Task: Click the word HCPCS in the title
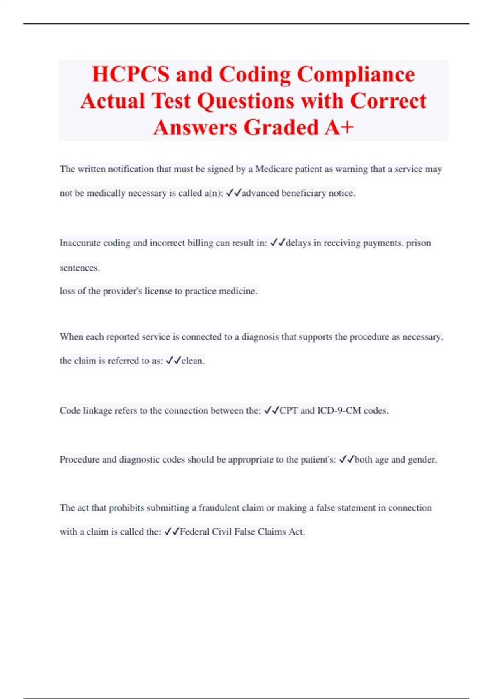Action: click(130, 74)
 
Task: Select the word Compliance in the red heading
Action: click(356, 74)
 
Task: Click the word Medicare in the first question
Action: click(274, 169)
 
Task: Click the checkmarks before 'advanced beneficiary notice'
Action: click(234, 192)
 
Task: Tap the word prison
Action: click(418, 243)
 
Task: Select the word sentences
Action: click(79, 268)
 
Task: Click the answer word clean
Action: click(192, 361)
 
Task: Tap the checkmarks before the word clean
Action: click(173, 361)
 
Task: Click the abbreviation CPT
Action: click(288, 410)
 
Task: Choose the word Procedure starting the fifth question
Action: click(79, 459)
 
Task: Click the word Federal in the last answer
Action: click(194, 532)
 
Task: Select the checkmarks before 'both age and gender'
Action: click(347, 459)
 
